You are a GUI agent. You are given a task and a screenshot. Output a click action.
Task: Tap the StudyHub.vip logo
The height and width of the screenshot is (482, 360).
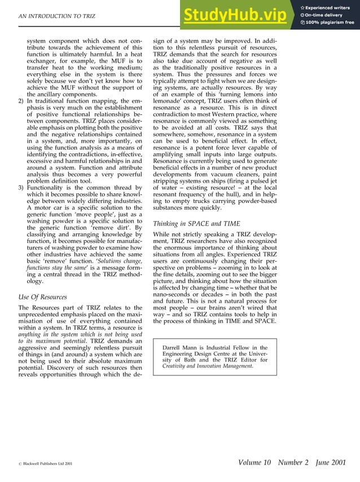(x=237, y=16)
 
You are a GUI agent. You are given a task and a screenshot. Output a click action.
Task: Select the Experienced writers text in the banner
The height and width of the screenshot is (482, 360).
(x=330, y=6)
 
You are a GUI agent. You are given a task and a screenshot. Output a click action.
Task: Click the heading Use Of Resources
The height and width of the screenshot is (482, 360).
(x=42, y=297)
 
